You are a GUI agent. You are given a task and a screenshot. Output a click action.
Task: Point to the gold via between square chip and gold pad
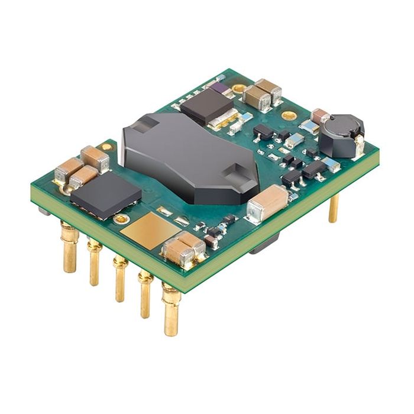[x=121, y=219]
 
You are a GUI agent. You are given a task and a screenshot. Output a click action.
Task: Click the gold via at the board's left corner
[x=106, y=146]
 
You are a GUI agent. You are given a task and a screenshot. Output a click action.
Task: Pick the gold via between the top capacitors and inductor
[x=289, y=116]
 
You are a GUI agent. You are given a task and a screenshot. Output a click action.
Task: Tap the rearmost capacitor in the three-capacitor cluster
[x=95, y=157]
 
